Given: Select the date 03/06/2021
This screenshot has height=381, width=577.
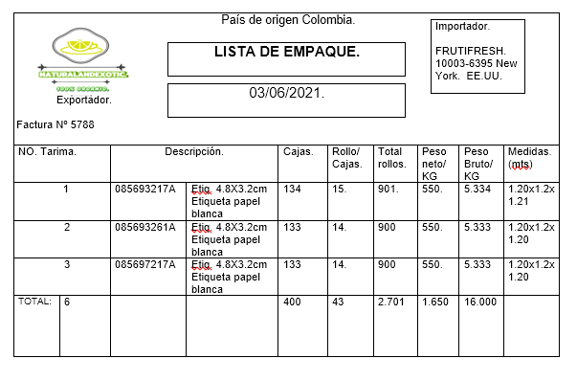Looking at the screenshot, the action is coord(286,94).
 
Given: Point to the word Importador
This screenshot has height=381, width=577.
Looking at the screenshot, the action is coord(462,26).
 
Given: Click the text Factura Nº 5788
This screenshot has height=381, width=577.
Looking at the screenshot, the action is coord(55,124).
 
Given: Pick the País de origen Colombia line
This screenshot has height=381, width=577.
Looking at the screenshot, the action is coord(288,20).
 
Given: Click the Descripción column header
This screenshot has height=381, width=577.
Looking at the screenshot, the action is coord(194,152).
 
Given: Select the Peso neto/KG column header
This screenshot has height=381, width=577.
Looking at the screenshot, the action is coord(433,164).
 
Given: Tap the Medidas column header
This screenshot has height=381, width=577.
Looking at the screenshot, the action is coord(529,157).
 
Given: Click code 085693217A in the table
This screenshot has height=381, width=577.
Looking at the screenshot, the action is coord(145,189).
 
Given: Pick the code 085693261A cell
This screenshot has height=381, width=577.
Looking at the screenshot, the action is coord(145,227).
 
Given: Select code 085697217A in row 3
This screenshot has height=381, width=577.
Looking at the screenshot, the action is coord(145,264).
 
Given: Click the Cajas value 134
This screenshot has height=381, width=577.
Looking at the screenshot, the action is coord(292,189).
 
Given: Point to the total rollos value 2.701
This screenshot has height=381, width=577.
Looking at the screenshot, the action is coord(390,303).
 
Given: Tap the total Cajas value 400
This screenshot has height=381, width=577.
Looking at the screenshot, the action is coord(292,303).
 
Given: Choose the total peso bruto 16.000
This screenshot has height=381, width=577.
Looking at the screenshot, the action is coord(479,303).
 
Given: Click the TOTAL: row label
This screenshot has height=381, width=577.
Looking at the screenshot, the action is coord(34,302).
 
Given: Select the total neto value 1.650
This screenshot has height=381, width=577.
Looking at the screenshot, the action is coord(434,303).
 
